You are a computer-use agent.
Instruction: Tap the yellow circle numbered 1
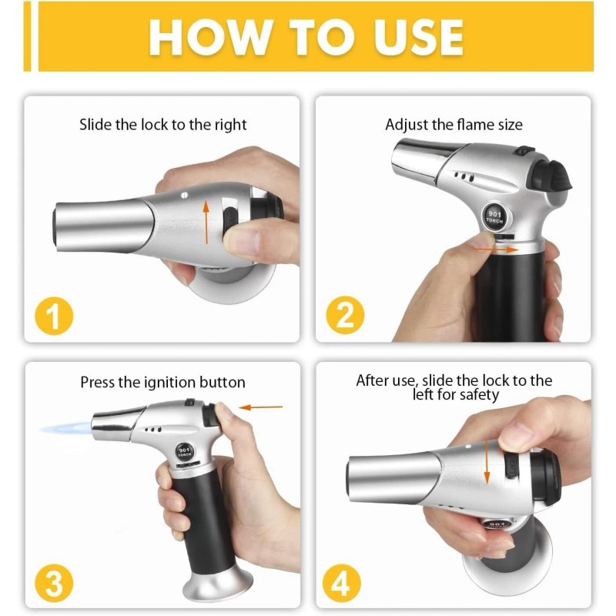coord(54,316)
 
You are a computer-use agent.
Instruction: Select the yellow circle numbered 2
coord(345,315)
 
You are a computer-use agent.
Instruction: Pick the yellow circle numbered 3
coord(54,583)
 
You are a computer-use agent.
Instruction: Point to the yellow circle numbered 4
coord(341,583)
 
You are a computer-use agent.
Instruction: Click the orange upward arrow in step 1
coord(206,222)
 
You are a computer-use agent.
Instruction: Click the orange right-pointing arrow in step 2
coord(497,249)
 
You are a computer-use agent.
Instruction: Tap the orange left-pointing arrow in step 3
coord(261,407)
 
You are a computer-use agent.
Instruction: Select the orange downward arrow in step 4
coord(487,462)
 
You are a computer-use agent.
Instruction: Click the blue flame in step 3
coord(65,428)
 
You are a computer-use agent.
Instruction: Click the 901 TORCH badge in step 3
coord(184,451)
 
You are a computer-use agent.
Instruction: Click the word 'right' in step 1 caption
coord(230,125)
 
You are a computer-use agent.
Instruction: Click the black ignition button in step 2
coord(550,177)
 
